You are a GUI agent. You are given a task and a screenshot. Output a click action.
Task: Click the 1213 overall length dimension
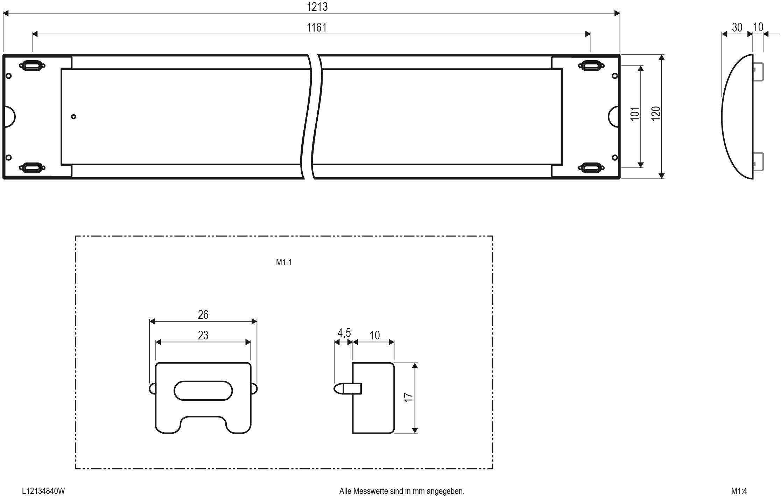[317, 7]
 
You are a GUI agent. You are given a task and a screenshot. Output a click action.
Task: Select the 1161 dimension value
[317, 27]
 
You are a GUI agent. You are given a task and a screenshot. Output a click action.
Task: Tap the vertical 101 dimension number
[635, 114]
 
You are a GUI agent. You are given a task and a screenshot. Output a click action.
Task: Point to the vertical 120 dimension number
[656, 114]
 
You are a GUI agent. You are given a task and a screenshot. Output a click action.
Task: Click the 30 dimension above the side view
[737, 27]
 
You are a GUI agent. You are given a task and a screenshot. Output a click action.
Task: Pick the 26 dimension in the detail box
[203, 315]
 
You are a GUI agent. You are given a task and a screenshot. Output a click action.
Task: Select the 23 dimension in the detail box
[203, 335]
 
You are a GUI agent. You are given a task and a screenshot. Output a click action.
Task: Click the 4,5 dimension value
[344, 333]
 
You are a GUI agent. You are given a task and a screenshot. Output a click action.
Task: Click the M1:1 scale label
[283, 262]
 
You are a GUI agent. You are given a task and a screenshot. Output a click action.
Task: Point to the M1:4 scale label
[739, 491]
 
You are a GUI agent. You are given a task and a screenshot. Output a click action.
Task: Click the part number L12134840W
[43, 491]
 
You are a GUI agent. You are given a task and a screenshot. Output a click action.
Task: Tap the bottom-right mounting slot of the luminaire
[591, 167]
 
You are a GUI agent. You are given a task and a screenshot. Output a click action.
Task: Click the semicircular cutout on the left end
[10, 117]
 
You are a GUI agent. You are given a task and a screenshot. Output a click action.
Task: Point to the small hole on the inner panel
[73, 117]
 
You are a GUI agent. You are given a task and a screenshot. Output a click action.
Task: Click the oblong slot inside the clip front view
[203, 391]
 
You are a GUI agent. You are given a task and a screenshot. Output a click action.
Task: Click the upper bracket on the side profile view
[758, 72]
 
